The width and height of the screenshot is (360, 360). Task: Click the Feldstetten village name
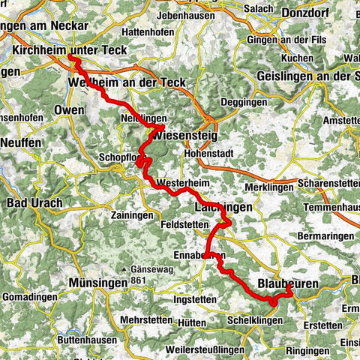click(x=183, y=223)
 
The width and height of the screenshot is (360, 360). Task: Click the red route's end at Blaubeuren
click(x=289, y=286)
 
